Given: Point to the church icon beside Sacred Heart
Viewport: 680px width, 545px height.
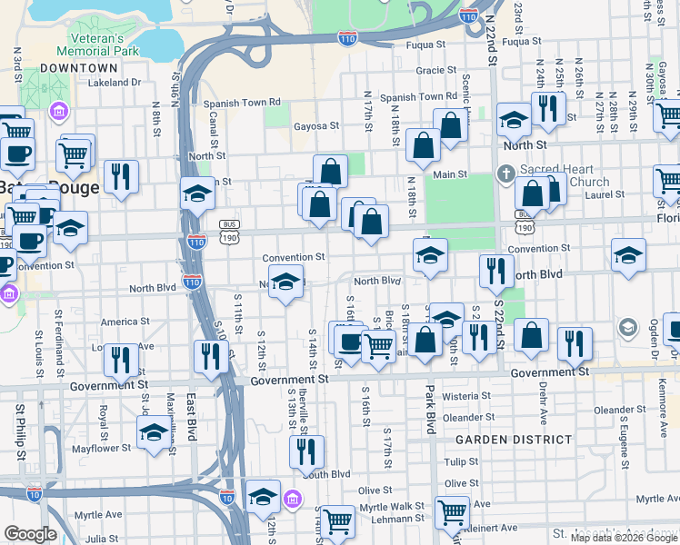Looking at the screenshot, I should coord(506,173).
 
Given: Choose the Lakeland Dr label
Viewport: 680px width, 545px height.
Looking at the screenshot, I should coord(115,83).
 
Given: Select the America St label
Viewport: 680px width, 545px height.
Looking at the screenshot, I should coord(118,322).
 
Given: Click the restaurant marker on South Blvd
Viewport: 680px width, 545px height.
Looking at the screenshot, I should coord(307,451).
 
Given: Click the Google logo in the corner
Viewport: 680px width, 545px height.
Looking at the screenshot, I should coord(30,534).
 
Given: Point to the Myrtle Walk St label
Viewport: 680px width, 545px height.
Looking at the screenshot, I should coord(392,506).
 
